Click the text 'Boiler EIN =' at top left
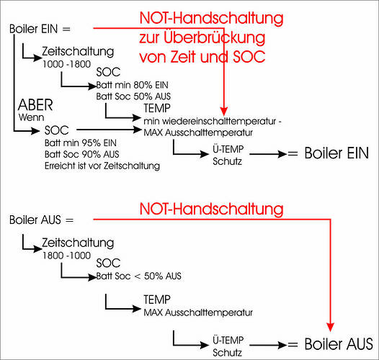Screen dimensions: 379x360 coord(40,29)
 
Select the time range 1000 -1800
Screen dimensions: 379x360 coord(66,64)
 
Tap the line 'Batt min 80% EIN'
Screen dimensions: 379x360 coord(132,85)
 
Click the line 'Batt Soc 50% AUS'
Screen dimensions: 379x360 coord(133,96)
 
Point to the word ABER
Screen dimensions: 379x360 coord(35,105)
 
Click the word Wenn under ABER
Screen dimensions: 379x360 coord(31,117)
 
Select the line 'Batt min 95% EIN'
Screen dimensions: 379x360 coord(81,143)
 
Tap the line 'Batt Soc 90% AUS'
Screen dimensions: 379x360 coord(82,154)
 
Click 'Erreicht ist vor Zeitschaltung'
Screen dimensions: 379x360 coord(102,166)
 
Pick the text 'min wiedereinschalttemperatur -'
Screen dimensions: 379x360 coord(213,121)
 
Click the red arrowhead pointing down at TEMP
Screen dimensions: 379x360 coord(224,111)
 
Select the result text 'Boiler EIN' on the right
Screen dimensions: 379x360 coord(336,153)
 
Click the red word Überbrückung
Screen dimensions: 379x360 coord(215,38)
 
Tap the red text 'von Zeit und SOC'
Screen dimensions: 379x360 coord(202,57)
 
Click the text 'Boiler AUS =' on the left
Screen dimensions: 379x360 coord(41,220)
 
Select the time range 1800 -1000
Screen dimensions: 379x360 coord(66,256)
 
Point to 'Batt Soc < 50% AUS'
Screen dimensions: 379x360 coord(138,276)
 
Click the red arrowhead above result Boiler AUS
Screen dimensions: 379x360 coord(330,327)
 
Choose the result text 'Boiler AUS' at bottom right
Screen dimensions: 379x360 coord(339,344)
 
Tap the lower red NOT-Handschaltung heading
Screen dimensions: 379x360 coord(212,209)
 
